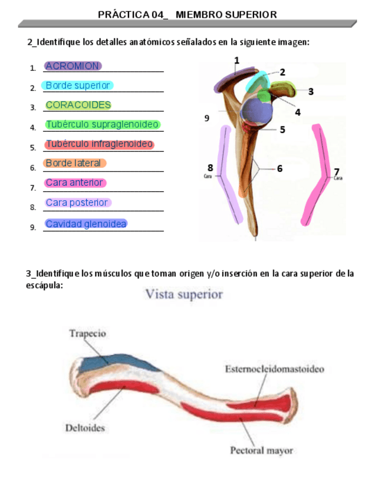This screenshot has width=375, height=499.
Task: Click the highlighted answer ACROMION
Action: pyautogui.click(x=73, y=66)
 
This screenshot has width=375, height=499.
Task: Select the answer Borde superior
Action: pyautogui.click(x=78, y=85)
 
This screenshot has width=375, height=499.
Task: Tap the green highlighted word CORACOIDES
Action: pyautogui.click(x=78, y=105)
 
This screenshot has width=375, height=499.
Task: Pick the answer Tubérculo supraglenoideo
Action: pyautogui.click(x=102, y=125)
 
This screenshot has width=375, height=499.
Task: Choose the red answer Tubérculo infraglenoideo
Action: pyautogui.click(x=99, y=144)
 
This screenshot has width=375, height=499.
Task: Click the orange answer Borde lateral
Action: pyautogui.click(x=75, y=164)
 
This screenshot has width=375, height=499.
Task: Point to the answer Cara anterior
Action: pyautogui.click(x=75, y=183)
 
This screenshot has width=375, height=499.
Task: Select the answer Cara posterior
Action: pyautogui.click(x=78, y=203)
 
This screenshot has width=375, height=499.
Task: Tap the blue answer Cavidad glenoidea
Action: pyautogui.click(x=86, y=224)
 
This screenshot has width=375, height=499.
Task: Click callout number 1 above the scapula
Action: pyautogui.click(x=236, y=60)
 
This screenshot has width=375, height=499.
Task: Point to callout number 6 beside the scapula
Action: pyautogui.click(x=279, y=168)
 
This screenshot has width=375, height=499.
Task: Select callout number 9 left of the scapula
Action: pyautogui.click(x=207, y=118)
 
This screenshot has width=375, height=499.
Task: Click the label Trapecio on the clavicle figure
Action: pyautogui.click(x=88, y=334)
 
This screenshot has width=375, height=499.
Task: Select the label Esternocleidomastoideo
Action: pyautogui.click(x=274, y=370)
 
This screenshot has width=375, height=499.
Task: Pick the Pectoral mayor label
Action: pyautogui.click(x=261, y=451)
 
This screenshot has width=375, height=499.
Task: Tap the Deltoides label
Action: pyautogui.click(x=85, y=428)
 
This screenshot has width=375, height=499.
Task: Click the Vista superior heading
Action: pyautogui.click(x=185, y=294)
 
